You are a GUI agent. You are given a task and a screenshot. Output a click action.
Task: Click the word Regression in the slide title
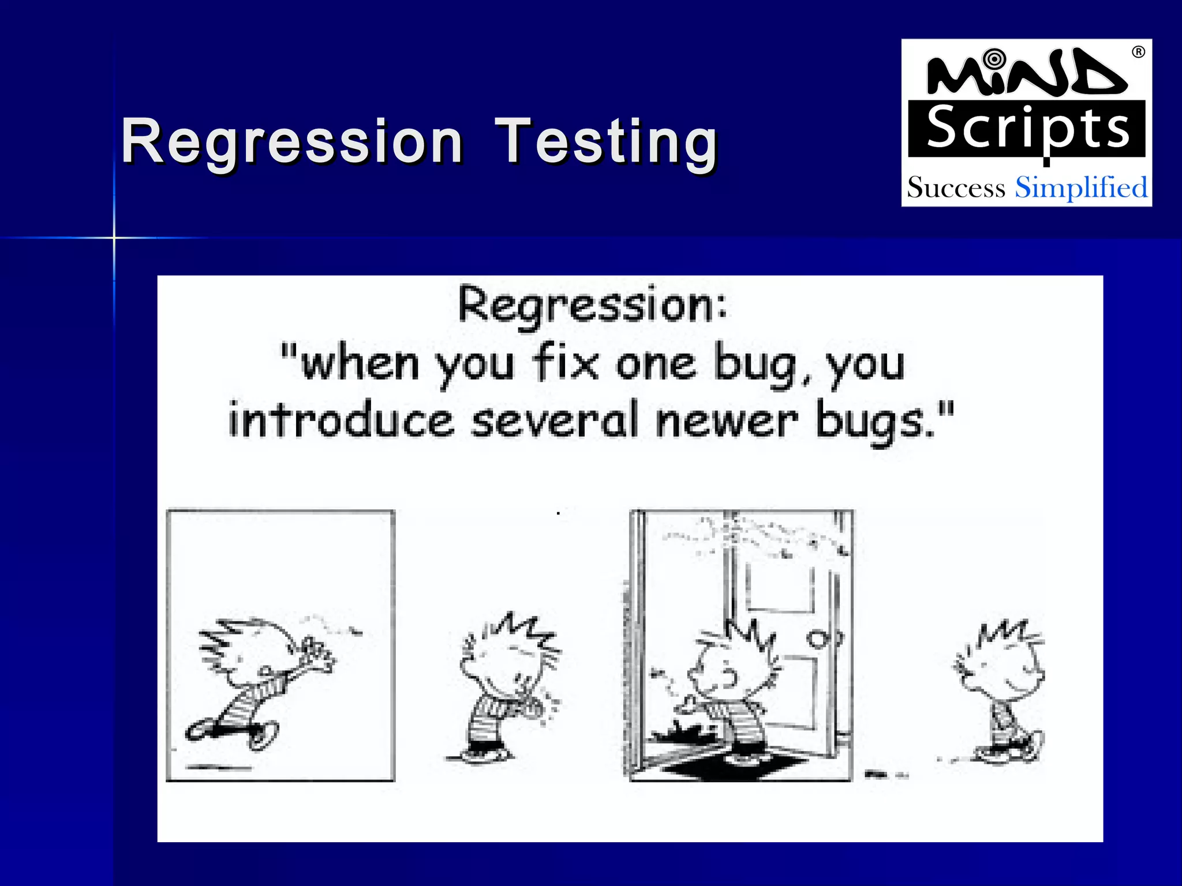tap(292, 141)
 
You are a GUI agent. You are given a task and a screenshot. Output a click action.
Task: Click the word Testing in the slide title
tap(607, 141)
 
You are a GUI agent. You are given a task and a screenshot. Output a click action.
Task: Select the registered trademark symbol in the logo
tap(1138, 52)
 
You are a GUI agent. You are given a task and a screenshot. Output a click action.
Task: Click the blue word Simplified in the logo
tap(1081, 188)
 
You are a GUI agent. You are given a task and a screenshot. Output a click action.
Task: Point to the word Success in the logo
tap(956, 188)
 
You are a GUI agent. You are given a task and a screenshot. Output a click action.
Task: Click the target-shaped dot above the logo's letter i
tap(994, 59)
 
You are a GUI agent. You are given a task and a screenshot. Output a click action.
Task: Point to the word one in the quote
tap(656, 365)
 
